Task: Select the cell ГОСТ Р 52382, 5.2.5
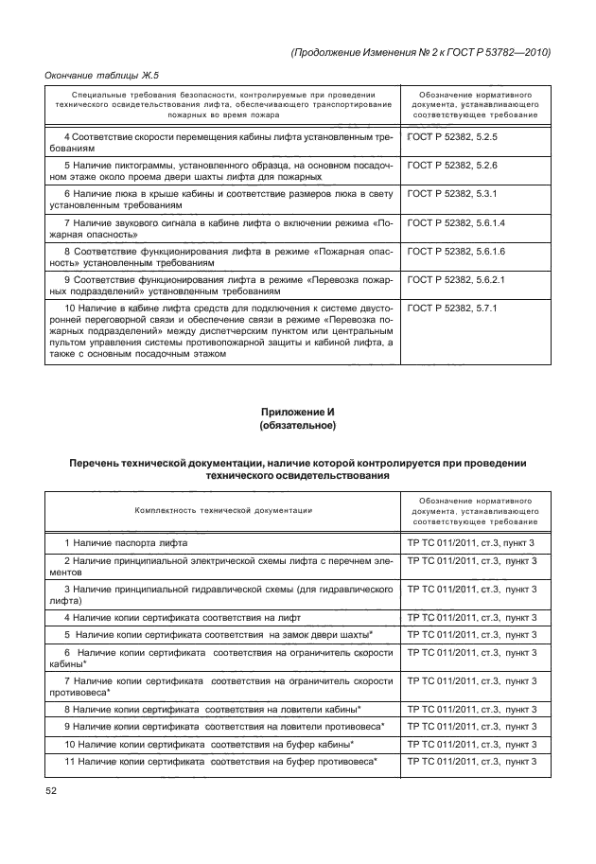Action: coord(451,137)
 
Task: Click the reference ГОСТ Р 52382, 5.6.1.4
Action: coord(455,222)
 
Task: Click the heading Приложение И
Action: coord(298,412)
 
